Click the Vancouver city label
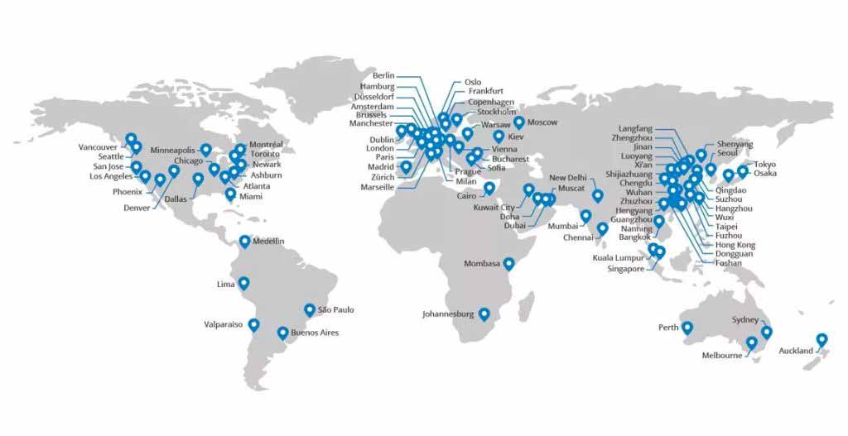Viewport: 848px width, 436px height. pos(98,147)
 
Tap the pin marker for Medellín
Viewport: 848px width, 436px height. pos(244,241)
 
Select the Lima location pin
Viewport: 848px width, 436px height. pos(243,283)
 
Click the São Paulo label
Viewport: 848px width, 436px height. pos(335,309)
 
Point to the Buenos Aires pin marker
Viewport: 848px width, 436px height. pos(282,333)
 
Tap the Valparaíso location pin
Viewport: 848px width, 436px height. pos(253,324)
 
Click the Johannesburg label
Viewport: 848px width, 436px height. pos(448,314)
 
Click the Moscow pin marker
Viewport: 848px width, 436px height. pos(518,122)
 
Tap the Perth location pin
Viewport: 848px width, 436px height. pos(687,327)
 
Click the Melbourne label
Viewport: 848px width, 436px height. pos(722,356)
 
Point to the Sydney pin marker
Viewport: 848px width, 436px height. pos(766,332)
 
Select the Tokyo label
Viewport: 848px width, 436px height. pos(765,164)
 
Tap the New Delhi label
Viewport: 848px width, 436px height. pos(568,178)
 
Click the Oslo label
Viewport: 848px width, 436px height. pos(473,82)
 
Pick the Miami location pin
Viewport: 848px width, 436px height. pos(229,194)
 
